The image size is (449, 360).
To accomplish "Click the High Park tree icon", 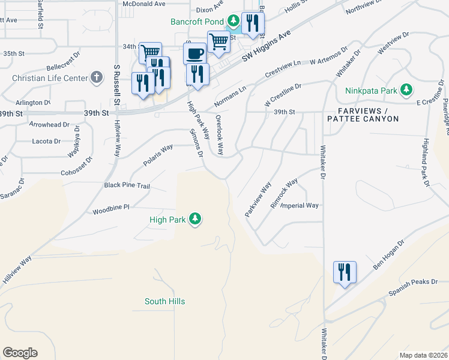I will pos(194,220).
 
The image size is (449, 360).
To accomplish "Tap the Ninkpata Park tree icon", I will pos(406,91).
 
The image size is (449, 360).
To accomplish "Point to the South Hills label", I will pos(164,301).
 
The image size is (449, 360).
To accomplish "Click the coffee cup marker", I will pos(194,53).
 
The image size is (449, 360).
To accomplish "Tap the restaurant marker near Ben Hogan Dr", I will pos(345,272).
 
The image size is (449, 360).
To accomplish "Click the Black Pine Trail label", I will pos(127,186).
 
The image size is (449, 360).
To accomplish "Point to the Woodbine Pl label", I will pos(111,208).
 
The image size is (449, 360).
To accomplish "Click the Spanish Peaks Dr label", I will pos(414,287).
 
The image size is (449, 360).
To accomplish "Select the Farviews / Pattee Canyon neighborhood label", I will pos(363,115).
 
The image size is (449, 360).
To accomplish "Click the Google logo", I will pos(20,353).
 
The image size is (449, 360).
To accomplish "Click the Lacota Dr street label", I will pos(46,142).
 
